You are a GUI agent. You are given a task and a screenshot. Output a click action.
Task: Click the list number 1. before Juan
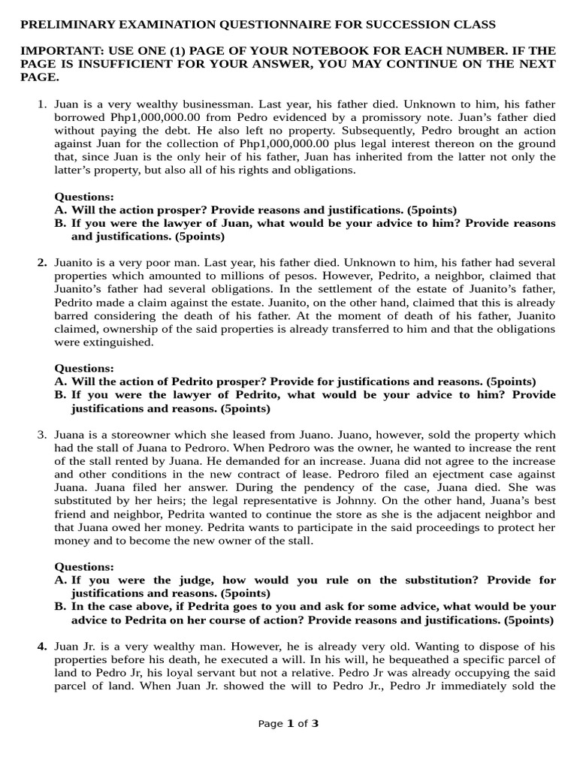pos(43,104)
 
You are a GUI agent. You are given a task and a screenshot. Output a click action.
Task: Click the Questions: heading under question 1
pos(84,197)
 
